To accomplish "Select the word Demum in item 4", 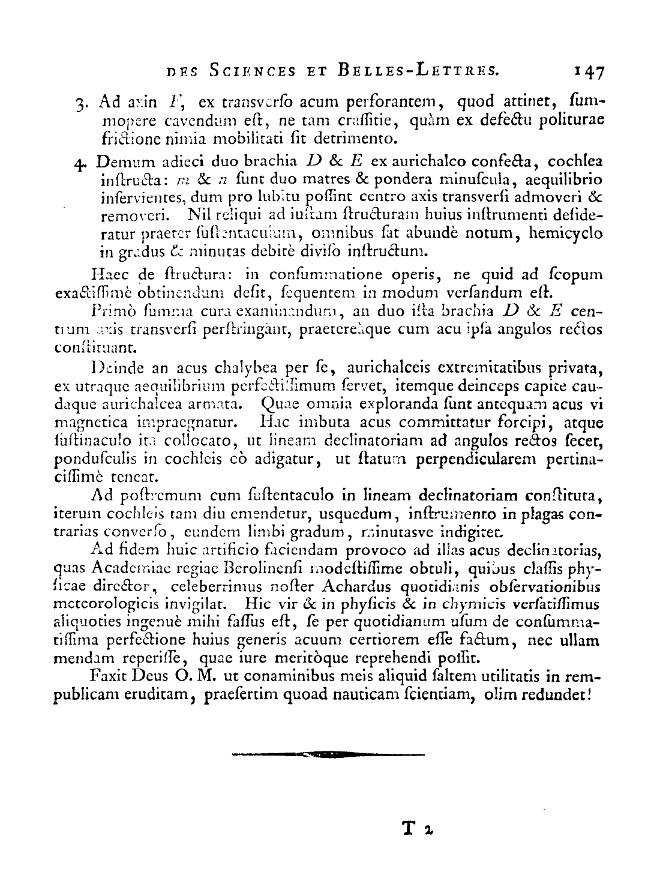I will pos(118,162).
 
